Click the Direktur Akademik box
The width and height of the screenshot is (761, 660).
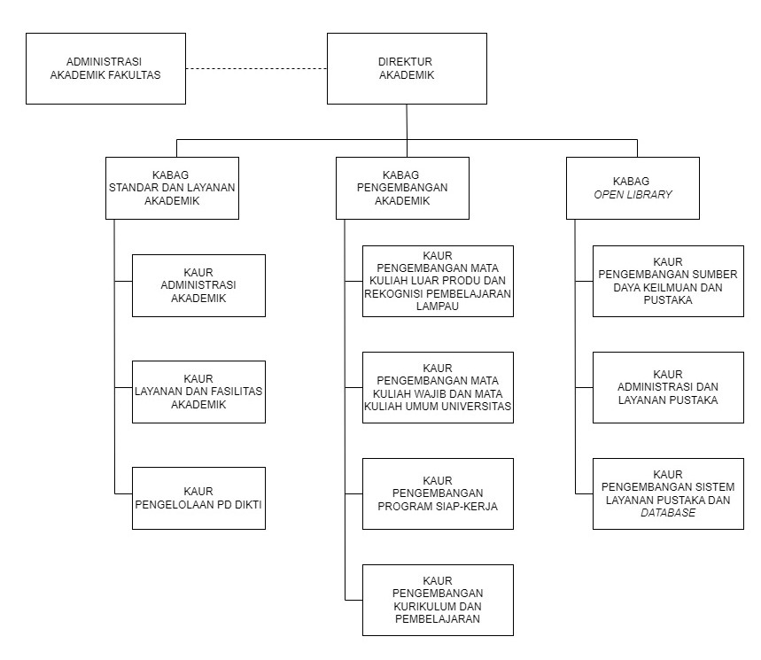(407, 68)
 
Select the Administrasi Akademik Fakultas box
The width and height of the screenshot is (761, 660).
(105, 68)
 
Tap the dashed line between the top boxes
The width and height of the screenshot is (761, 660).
(256, 68)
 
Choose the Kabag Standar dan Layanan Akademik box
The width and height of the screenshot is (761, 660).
(172, 188)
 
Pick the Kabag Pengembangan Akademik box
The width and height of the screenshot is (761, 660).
(402, 188)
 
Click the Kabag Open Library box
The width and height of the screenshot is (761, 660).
(633, 188)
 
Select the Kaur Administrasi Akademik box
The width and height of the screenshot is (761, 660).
(199, 285)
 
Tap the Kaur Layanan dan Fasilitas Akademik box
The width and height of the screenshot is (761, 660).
(199, 392)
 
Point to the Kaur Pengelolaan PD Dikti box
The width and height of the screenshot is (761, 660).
(199, 498)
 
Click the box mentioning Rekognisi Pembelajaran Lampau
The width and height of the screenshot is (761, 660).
(438, 281)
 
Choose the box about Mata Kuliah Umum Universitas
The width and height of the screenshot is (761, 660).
(438, 387)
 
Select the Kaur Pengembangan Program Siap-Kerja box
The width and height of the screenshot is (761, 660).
(438, 493)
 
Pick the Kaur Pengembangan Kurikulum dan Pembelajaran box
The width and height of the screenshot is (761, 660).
(438, 600)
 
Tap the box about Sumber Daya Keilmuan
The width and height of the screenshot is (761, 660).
(668, 281)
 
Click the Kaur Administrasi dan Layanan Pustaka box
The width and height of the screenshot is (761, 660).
(668, 387)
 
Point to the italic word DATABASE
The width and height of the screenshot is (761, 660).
(668, 512)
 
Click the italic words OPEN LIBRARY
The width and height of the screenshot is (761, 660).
(633, 195)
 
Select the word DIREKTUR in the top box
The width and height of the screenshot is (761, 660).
(405, 62)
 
